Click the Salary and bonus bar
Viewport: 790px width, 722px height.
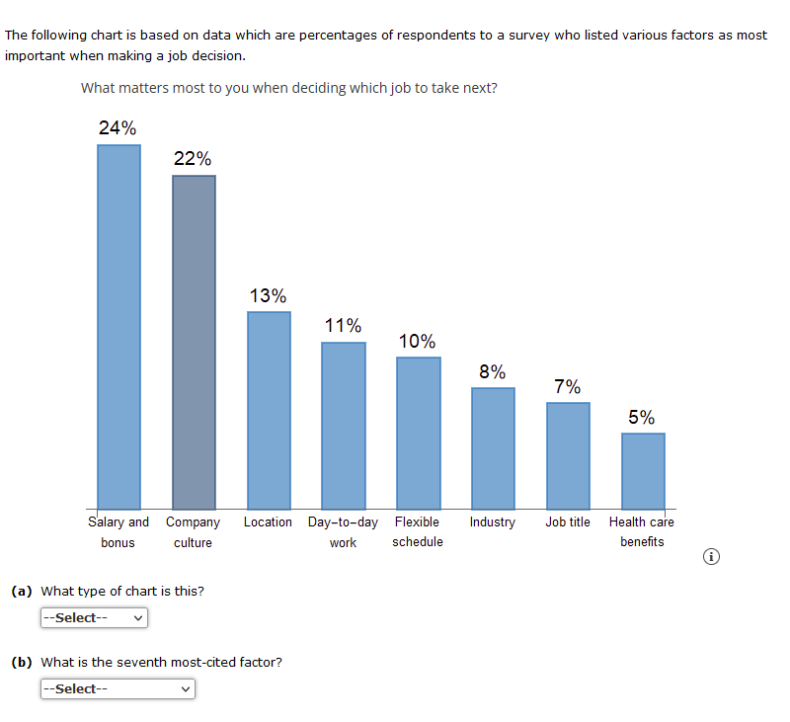[118, 326]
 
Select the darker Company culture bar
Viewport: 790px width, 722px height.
[194, 342]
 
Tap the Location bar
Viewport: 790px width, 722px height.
[269, 410]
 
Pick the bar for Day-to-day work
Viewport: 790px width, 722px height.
[344, 425]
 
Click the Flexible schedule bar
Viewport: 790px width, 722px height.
[419, 433]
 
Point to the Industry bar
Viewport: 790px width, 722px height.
[493, 447]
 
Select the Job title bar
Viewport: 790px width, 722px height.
[568, 455]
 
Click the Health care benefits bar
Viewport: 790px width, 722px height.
[643, 470]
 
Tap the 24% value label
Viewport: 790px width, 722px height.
[118, 127]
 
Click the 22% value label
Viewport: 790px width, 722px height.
[193, 158]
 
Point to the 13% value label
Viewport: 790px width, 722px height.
[268, 295]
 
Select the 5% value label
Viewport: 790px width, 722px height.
[642, 417]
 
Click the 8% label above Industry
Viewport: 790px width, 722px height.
[493, 371]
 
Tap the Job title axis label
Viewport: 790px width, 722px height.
[568, 521]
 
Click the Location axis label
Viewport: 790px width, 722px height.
[268, 521]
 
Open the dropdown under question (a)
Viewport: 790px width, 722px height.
[94, 618]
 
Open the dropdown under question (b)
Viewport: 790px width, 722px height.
[118, 689]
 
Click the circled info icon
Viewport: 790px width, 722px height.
[711, 558]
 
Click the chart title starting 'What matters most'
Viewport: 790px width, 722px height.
[288, 88]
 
